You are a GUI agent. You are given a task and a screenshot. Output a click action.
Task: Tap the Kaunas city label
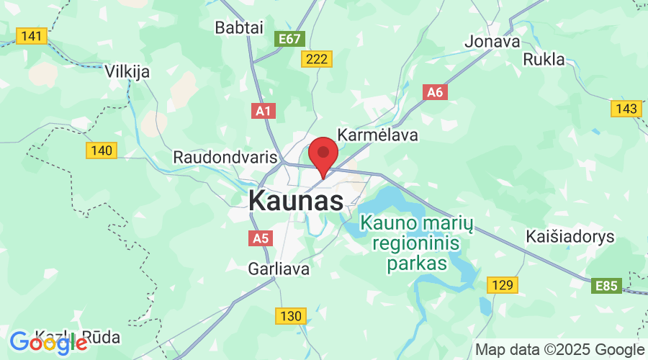[x=296, y=201]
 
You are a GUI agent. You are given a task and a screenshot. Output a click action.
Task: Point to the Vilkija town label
[x=127, y=71]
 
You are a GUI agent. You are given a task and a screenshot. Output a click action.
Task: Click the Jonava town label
[x=492, y=41]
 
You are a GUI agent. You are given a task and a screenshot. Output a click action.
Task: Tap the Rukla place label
[x=544, y=59]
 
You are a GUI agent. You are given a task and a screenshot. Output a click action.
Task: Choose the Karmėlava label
[x=377, y=135]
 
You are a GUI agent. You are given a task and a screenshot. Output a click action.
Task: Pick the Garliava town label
[x=278, y=269]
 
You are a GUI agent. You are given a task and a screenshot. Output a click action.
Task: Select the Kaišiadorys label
[x=570, y=237]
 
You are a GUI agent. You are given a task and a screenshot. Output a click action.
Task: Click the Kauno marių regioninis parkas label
[x=417, y=243]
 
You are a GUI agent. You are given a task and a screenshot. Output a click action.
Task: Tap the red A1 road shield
[x=264, y=111]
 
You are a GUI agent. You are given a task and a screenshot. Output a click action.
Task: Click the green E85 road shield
[x=606, y=287]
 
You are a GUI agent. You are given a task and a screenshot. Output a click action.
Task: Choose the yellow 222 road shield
[x=317, y=60]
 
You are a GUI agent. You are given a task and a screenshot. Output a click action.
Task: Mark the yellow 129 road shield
[x=503, y=285]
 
